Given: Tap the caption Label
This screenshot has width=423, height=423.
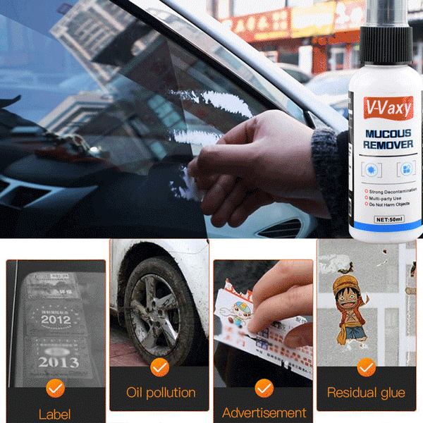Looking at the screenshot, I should pos(55,415).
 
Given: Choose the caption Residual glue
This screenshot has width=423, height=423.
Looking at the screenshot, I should pos(366,392).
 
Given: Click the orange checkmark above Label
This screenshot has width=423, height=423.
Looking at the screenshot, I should pos(55,387).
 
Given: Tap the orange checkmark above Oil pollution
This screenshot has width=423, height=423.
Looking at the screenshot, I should pos(159,367).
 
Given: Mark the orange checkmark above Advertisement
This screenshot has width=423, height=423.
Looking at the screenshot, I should pos(264,387).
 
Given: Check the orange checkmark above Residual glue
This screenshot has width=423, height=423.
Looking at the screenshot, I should pos(366,367).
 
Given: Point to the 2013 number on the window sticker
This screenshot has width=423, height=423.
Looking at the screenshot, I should pos(57,362).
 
